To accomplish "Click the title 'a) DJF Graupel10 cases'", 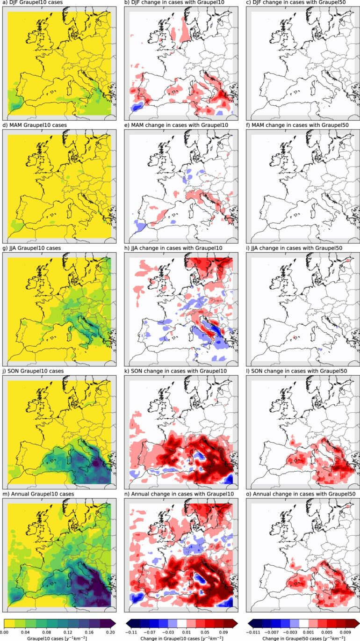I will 34,3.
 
